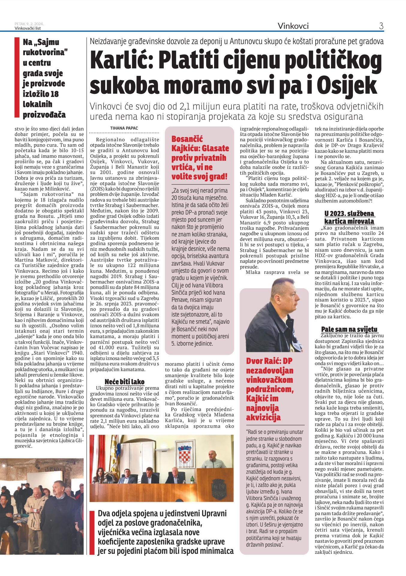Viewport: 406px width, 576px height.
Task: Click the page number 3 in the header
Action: (381, 26)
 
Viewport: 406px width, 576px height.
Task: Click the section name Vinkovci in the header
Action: (293, 26)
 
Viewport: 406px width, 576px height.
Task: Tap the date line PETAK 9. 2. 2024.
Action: (29, 24)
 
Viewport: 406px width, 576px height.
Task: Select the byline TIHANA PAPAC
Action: (124, 128)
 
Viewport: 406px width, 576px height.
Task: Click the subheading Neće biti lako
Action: (124, 382)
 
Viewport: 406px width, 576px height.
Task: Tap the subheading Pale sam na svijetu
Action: (349, 329)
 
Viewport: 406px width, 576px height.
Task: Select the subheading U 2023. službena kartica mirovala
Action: (349, 217)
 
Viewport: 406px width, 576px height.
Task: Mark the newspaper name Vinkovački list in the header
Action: (28, 28)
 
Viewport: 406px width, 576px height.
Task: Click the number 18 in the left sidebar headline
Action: (54, 94)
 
